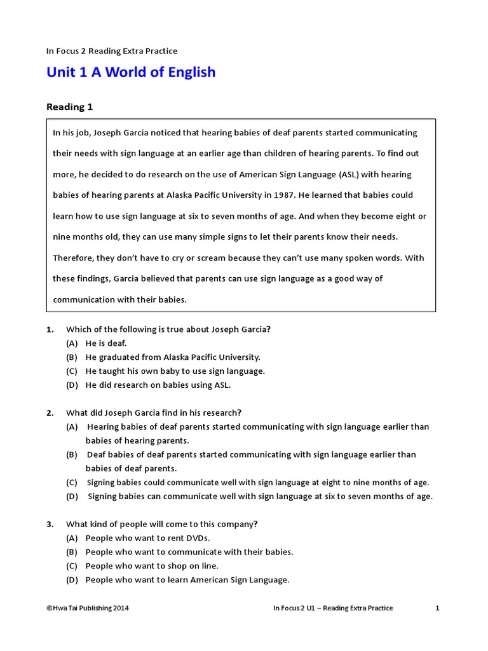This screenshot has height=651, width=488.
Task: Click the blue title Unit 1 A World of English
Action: click(x=131, y=72)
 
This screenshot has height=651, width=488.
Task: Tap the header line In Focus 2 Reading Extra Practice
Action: click(x=112, y=51)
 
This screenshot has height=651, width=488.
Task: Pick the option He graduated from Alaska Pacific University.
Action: click(x=173, y=357)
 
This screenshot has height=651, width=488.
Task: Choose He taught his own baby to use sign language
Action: click(x=175, y=371)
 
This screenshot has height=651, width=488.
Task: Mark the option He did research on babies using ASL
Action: click(x=158, y=385)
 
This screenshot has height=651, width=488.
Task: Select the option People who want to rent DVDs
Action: click(x=147, y=538)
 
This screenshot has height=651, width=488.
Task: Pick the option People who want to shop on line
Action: click(x=152, y=566)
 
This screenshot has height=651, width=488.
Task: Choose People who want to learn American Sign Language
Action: click(x=187, y=580)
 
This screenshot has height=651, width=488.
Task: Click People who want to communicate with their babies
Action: click(x=189, y=552)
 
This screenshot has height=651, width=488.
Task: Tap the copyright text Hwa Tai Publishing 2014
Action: click(x=88, y=608)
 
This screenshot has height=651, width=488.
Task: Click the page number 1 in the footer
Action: click(x=437, y=608)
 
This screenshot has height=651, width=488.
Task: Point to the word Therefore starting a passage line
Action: click(x=74, y=258)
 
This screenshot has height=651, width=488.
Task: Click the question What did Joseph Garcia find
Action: click(x=154, y=413)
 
